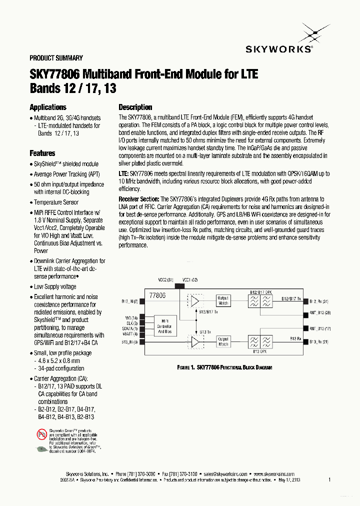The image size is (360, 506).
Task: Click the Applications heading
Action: (48, 107)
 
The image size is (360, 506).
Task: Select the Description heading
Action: (135, 107)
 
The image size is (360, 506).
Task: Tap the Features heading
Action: (42, 153)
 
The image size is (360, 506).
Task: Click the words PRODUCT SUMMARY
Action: (56, 58)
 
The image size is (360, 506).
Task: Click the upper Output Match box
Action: (223, 301)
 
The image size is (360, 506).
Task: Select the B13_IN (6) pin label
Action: (130, 342)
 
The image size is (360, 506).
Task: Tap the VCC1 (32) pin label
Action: (189, 279)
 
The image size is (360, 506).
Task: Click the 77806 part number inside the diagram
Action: (157, 295)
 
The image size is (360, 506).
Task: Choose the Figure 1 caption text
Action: (224, 367)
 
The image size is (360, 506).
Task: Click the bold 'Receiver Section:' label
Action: (138, 199)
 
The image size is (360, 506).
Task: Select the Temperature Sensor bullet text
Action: (56, 202)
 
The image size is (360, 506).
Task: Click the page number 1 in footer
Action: (329, 480)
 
